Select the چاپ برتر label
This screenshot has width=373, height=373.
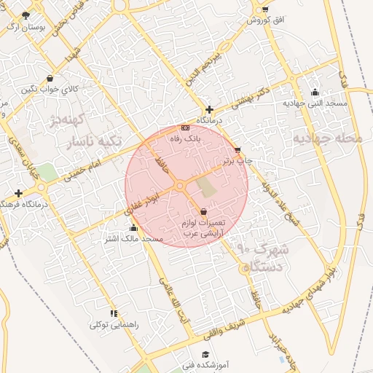coord(238,160)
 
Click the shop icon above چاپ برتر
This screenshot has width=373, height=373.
coord(237,150)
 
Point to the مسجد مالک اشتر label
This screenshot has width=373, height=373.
coord(133,238)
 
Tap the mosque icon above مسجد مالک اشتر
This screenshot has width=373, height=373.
coord(133,228)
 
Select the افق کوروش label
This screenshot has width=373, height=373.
coord(264,20)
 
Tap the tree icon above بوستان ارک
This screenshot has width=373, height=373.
coord(26,15)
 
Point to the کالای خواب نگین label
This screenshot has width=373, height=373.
coord(48,89)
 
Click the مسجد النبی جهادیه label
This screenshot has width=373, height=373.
coord(315,103)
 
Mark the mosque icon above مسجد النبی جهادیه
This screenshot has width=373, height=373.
coord(315,93)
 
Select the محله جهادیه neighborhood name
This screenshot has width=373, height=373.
coord(331,138)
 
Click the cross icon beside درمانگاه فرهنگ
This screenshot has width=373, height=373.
coord(18,193)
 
